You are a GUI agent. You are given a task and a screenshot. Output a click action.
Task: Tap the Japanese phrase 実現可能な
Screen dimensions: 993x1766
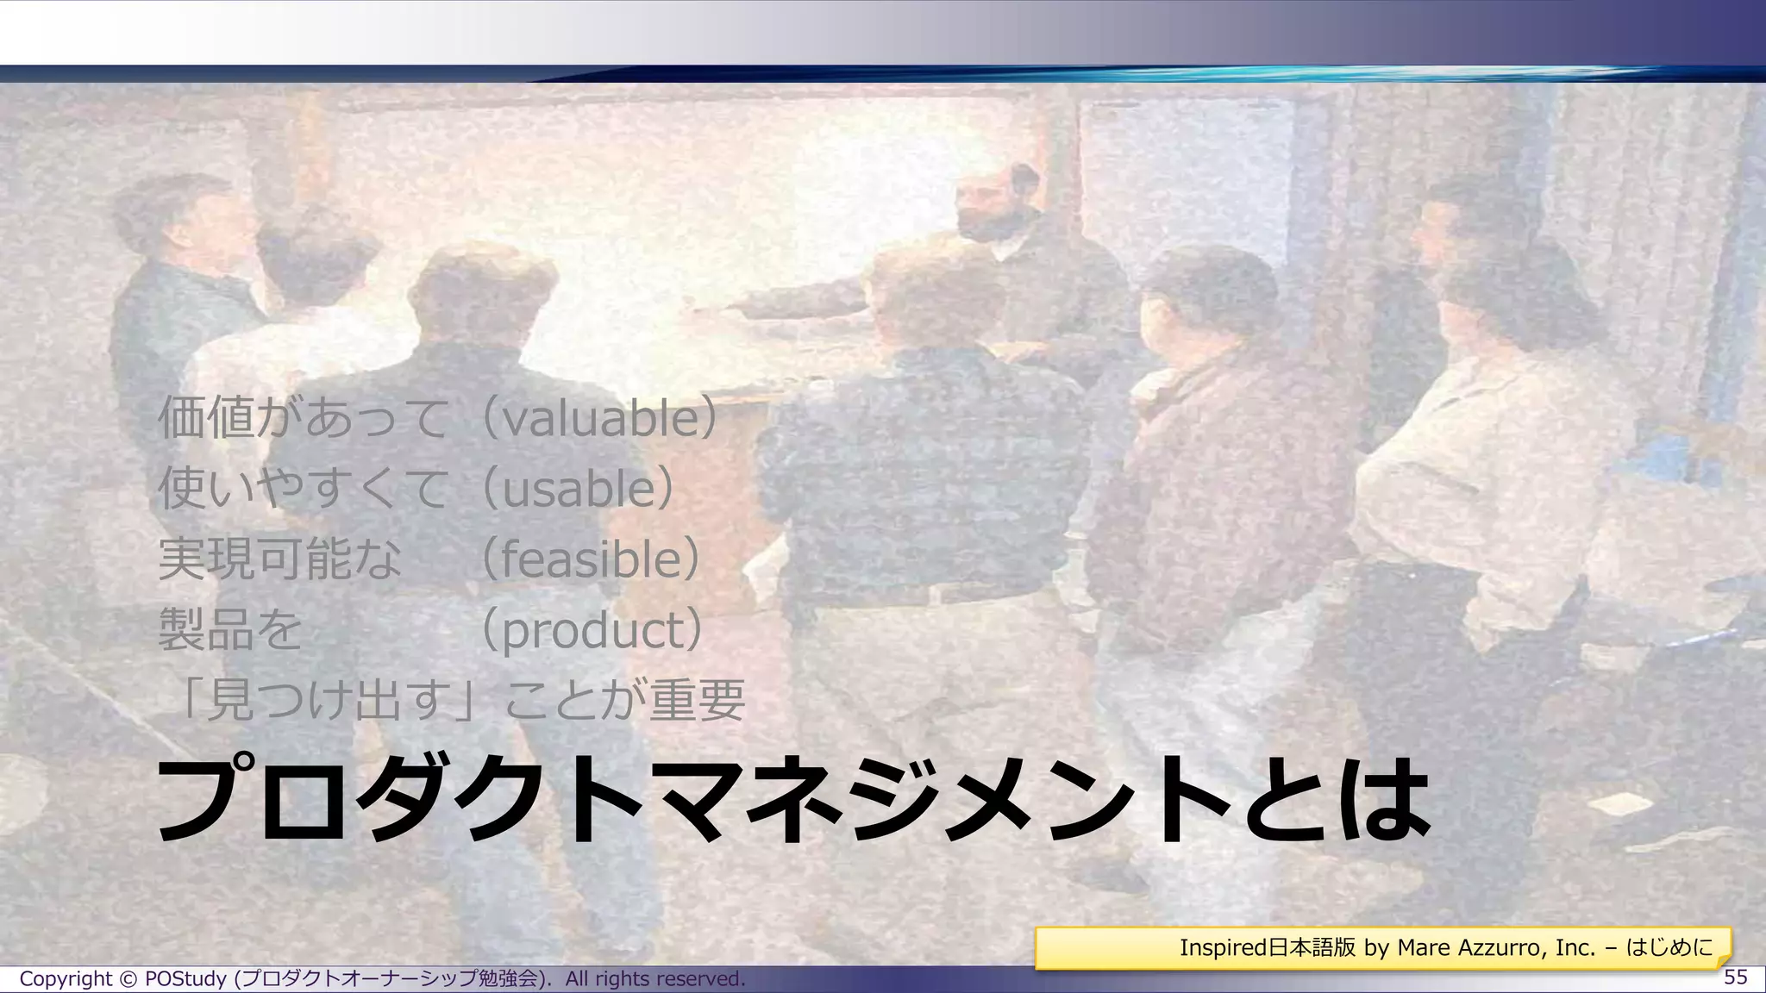280,559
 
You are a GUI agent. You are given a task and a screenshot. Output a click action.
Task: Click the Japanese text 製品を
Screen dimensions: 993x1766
230,630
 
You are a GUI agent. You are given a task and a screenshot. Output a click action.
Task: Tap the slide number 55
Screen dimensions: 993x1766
1735,977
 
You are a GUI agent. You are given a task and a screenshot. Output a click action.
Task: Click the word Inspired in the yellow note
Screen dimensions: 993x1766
1223,948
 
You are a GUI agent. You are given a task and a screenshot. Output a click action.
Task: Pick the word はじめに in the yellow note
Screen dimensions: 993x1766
1669,948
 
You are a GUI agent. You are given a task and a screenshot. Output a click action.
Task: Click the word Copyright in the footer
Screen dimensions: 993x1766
66,979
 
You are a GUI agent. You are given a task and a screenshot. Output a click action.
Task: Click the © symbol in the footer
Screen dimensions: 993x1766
128,979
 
